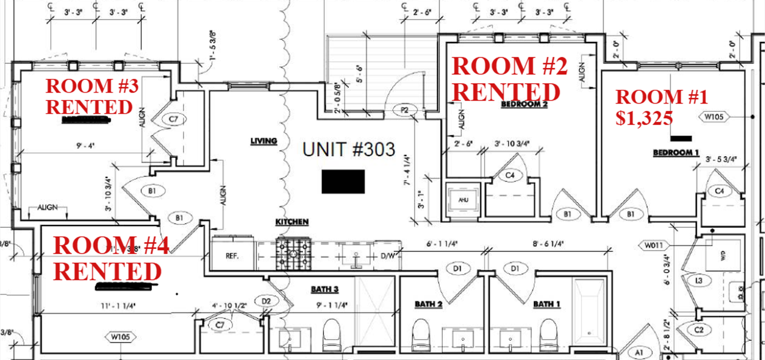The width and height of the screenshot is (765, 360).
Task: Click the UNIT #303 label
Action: click(349, 150)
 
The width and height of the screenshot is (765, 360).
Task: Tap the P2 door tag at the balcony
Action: click(405, 110)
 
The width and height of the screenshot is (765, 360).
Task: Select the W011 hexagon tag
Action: click(656, 245)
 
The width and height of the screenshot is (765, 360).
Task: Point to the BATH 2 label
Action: click(429, 304)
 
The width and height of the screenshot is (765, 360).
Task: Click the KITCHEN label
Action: click(292, 222)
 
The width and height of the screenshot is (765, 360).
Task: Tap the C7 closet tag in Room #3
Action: click(173, 120)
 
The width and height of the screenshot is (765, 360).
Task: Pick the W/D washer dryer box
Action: click(724, 255)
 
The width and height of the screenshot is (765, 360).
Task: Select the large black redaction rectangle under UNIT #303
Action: click(343, 181)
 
